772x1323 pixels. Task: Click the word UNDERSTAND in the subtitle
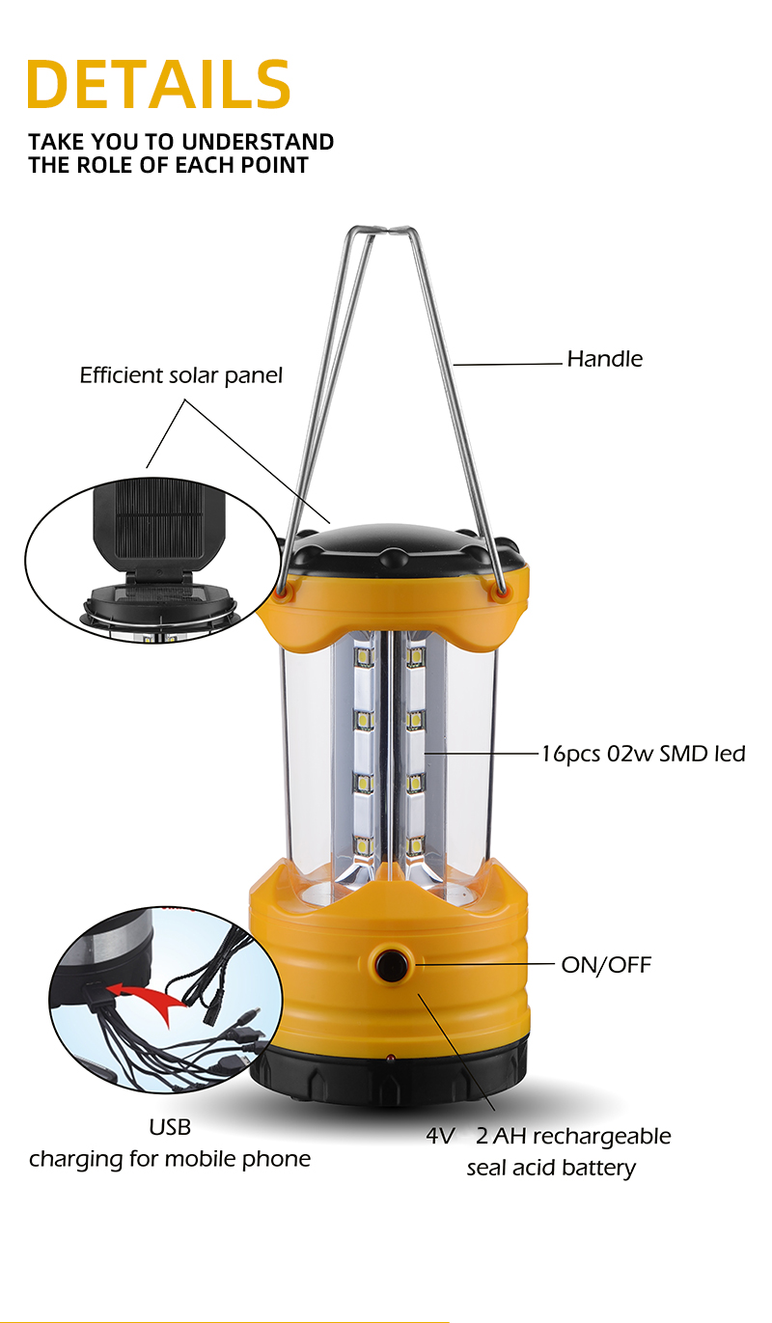coord(258,142)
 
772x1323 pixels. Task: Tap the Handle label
coord(605,359)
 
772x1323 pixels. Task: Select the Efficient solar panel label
coord(181,375)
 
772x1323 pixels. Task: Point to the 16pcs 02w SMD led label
coord(644,754)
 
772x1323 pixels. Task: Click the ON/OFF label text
coord(606,964)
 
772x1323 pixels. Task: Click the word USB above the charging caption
coord(170,1127)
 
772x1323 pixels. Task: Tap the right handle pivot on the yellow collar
coord(501,593)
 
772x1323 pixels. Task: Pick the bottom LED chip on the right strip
coord(415,845)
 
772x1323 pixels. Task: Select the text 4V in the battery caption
coord(441,1136)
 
